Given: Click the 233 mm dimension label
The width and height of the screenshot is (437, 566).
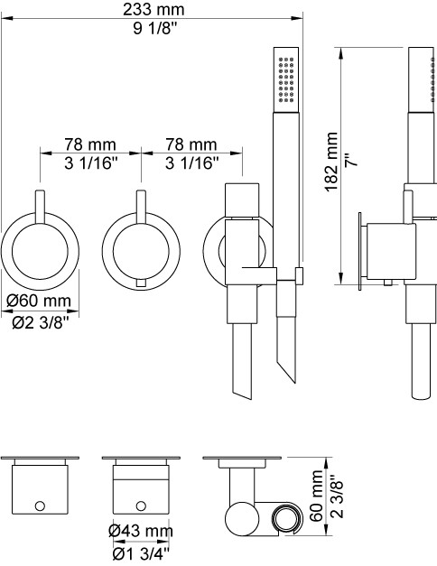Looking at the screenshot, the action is click(x=153, y=9).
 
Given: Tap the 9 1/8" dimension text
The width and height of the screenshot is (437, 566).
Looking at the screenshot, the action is click(x=155, y=28).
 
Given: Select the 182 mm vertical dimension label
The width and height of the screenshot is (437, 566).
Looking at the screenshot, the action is click(x=331, y=162).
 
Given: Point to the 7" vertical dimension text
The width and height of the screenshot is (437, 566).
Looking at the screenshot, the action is click(x=351, y=160).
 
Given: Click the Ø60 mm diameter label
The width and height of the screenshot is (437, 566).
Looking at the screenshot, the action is click(x=39, y=301).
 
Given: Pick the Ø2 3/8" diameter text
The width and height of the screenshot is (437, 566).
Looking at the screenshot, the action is click(x=40, y=322).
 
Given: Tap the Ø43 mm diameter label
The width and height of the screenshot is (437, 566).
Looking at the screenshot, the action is click(x=141, y=531).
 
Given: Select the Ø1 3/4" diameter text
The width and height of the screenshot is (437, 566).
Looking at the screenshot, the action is click(x=141, y=552).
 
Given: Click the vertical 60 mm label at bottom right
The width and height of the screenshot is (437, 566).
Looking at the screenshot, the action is click(x=317, y=495).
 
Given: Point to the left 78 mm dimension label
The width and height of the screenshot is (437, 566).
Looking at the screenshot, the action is click(x=90, y=144).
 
